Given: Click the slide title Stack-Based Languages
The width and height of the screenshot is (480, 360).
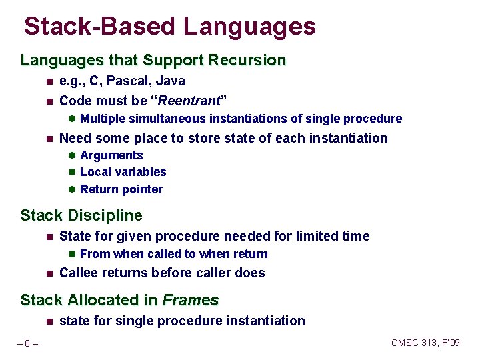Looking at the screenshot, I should (x=169, y=27).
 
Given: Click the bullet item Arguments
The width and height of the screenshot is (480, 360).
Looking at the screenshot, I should (x=111, y=155).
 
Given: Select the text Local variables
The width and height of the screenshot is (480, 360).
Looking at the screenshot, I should (x=123, y=172).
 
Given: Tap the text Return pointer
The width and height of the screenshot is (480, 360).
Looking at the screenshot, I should (x=121, y=189).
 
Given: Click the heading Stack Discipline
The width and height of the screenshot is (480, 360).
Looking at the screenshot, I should (x=81, y=216).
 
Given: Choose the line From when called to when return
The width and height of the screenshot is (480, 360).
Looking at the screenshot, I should (x=173, y=254).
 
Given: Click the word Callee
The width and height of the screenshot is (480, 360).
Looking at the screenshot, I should (x=79, y=273).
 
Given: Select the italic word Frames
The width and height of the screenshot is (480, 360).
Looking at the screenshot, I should (x=191, y=301).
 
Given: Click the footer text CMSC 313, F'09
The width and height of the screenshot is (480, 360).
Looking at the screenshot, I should (x=425, y=343).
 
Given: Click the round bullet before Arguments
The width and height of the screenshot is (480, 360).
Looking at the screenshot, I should (x=71, y=156).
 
